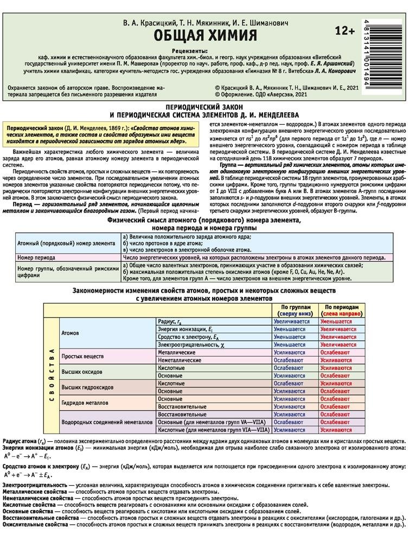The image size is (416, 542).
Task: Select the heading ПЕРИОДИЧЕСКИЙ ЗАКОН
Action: pos(207,108)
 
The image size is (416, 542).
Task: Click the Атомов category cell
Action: pos(71,333)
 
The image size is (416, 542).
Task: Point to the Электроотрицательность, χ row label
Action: pos(187,344)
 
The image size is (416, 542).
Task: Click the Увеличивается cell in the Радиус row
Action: pos(292,321)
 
